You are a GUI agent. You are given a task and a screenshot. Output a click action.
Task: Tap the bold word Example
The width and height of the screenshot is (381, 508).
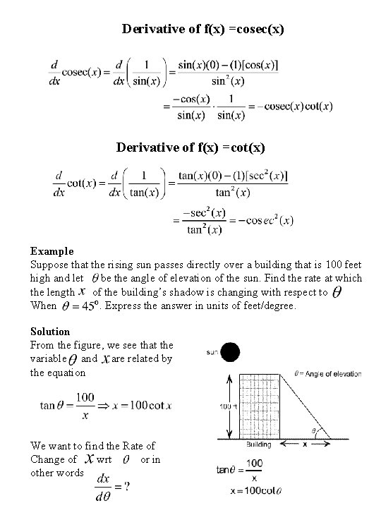pos(52,250)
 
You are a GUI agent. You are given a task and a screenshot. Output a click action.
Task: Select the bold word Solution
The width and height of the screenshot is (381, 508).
pos(50,331)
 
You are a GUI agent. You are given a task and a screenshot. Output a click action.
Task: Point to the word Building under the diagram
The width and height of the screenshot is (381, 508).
pos(258,446)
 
